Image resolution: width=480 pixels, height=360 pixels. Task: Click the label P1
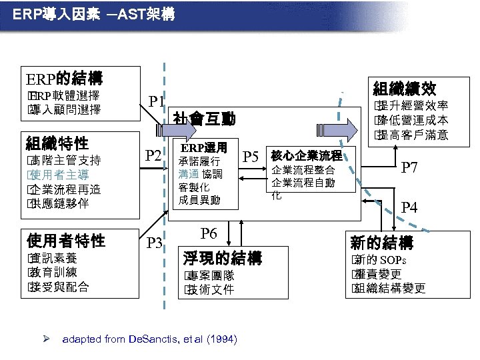[x=157, y=101]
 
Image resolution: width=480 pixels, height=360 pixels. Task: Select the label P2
[x=154, y=156]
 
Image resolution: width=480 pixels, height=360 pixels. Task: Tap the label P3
[x=154, y=242]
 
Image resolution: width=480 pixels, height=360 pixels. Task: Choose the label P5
[x=251, y=157]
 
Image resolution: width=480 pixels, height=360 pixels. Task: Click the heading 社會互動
[x=203, y=119]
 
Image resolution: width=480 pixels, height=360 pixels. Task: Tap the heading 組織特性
[x=57, y=142]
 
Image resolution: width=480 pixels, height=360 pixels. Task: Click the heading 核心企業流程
[x=306, y=155]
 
